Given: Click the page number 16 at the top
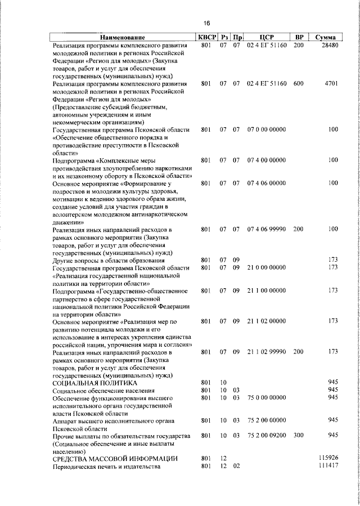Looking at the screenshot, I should click(206, 23).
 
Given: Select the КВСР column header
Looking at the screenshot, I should click(206, 37).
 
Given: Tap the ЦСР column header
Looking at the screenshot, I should click(267, 37).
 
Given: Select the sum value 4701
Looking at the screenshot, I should click(331, 83).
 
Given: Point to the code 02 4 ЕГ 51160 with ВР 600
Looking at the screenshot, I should click(267, 83).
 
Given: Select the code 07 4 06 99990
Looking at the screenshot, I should click(267, 229).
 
